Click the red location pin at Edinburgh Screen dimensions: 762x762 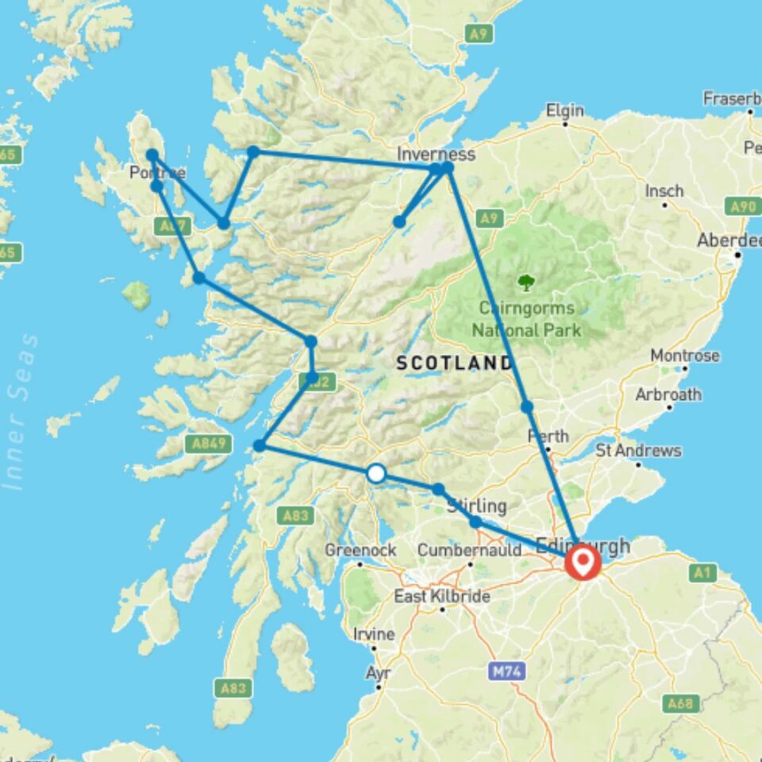[x=583, y=561]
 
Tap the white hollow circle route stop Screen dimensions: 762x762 [x=376, y=474]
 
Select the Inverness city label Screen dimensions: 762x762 [x=438, y=154]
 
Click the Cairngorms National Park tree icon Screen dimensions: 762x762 [x=525, y=282]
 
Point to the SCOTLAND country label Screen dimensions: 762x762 [x=454, y=364]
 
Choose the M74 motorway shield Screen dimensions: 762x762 [x=506, y=672]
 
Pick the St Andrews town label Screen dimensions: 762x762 [x=638, y=450]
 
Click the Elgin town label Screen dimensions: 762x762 [x=564, y=110]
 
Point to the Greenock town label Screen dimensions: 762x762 [x=349, y=550]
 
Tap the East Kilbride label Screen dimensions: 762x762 [x=441, y=596]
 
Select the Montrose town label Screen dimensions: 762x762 [x=684, y=356]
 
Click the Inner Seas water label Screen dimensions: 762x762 [x=22, y=413]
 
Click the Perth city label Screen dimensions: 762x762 [x=548, y=436]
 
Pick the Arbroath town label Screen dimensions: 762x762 [x=668, y=394]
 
